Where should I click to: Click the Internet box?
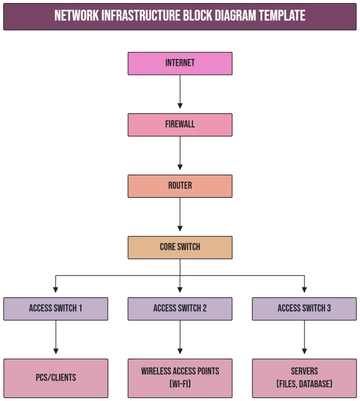180,63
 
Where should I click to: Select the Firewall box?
180,125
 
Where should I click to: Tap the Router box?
180,186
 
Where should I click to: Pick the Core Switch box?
180,247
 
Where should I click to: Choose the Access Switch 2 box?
180,309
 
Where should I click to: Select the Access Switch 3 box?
305,309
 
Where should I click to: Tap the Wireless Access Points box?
180,377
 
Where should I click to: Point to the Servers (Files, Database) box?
305,377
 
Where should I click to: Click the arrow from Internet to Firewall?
180,94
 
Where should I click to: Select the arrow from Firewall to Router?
180,155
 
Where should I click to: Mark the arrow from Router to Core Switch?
180,216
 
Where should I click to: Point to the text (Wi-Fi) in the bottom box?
180,385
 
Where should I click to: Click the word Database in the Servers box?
318,385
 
